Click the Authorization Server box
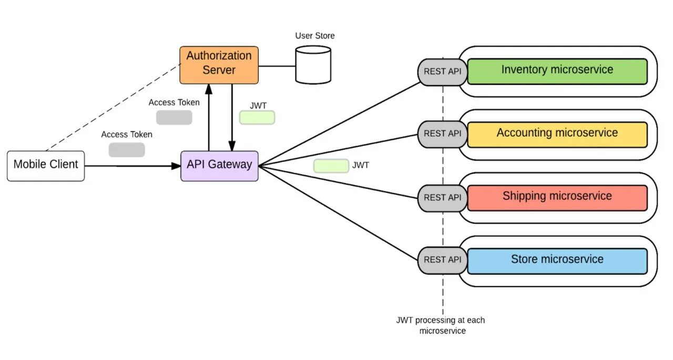219,65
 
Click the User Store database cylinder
313,65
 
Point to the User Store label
314,36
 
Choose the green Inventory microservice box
557,71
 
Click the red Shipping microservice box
557,198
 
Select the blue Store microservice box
557,261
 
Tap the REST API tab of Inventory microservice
442,71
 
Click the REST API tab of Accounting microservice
442,134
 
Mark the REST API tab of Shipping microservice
442,198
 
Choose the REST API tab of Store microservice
442,260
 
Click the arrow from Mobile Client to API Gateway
131,166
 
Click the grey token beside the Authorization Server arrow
174,117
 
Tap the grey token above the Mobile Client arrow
127,150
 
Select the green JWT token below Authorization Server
257,118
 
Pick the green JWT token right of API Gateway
331,166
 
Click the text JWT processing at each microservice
441,325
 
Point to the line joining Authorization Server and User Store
277,66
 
